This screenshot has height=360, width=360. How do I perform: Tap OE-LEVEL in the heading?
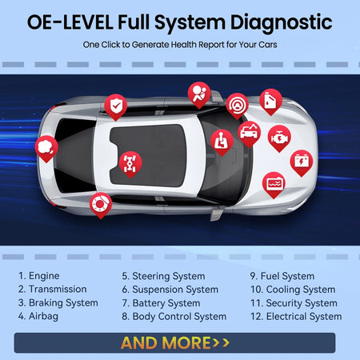(x=67, y=21)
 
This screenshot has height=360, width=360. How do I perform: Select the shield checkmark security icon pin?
(x=116, y=104)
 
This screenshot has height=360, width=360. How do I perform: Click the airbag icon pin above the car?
(x=198, y=92)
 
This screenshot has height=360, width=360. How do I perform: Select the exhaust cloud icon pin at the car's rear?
(x=47, y=146)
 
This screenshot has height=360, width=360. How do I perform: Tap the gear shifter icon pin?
(x=221, y=140)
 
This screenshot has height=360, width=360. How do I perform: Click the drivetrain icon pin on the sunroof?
(x=128, y=161)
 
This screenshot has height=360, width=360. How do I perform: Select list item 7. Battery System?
(x=161, y=302)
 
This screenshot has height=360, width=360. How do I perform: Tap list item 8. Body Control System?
(x=174, y=316)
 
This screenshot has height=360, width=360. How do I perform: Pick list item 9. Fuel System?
(x=282, y=275)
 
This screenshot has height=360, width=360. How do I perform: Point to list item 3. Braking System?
(x=58, y=302)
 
